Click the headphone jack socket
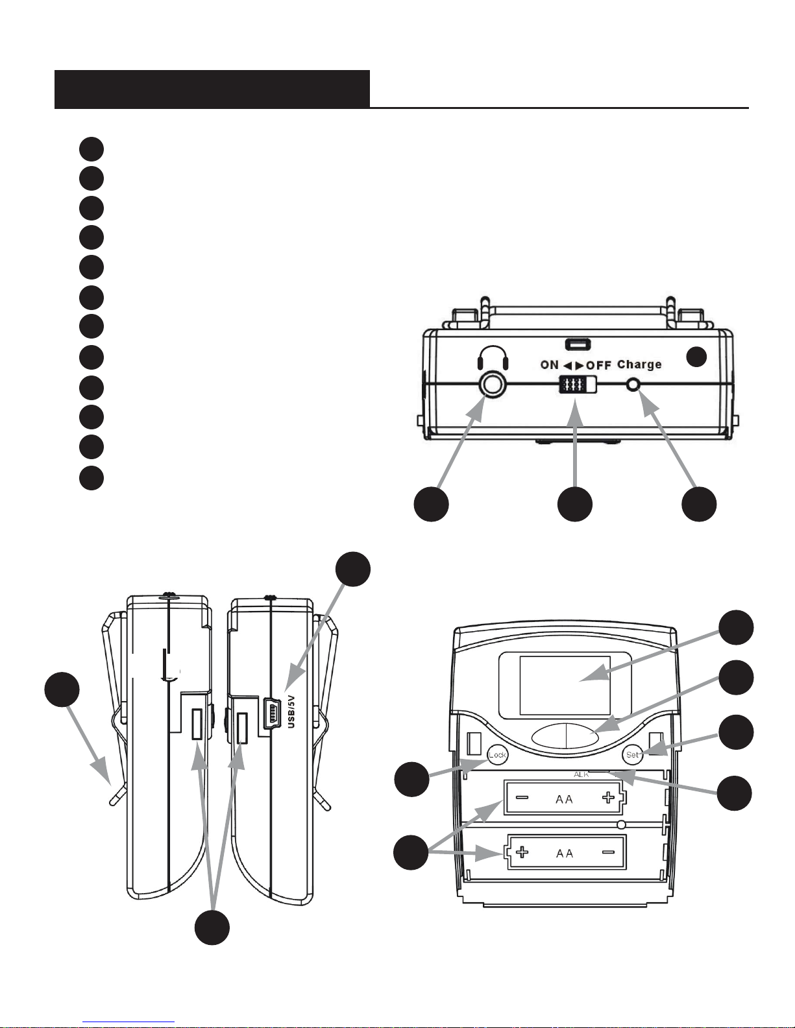point(493,385)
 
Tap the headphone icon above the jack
point(493,358)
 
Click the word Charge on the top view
point(639,365)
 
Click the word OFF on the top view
point(598,365)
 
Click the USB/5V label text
point(291,711)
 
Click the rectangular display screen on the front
point(565,685)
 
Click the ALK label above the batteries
point(581,774)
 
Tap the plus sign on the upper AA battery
point(608,798)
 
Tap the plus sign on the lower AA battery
point(522,852)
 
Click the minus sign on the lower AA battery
point(609,852)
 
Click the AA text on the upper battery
point(564,800)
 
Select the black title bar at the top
point(212,90)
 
